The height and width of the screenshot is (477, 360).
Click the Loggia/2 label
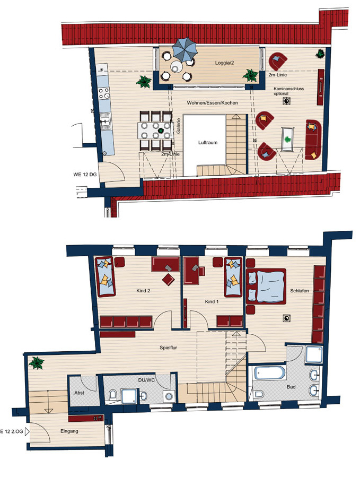(224, 63)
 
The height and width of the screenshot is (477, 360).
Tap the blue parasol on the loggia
(185, 49)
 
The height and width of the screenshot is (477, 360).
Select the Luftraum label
(208, 142)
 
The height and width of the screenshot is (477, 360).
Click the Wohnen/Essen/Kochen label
(212, 103)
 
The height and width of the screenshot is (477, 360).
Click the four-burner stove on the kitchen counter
(104, 93)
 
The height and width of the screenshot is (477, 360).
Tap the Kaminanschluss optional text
(288, 91)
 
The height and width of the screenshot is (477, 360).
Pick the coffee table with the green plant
(287, 139)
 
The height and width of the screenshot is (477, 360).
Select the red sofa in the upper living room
(313, 140)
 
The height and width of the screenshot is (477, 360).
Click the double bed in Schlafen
(266, 287)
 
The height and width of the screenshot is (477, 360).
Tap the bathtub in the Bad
(270, 372)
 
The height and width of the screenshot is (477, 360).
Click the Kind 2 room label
(143, 291)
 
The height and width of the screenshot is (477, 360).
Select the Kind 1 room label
(212, 302)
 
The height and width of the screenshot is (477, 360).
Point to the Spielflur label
(168, 348)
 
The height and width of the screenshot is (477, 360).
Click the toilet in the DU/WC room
(112, 395)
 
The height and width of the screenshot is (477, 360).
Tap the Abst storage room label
(79, 393)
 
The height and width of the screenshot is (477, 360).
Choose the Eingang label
(69, 431)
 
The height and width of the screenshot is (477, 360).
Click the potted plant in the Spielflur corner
(37, 362)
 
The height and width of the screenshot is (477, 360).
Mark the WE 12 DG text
(85, 175)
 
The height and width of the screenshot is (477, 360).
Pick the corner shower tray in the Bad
(314, 354)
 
